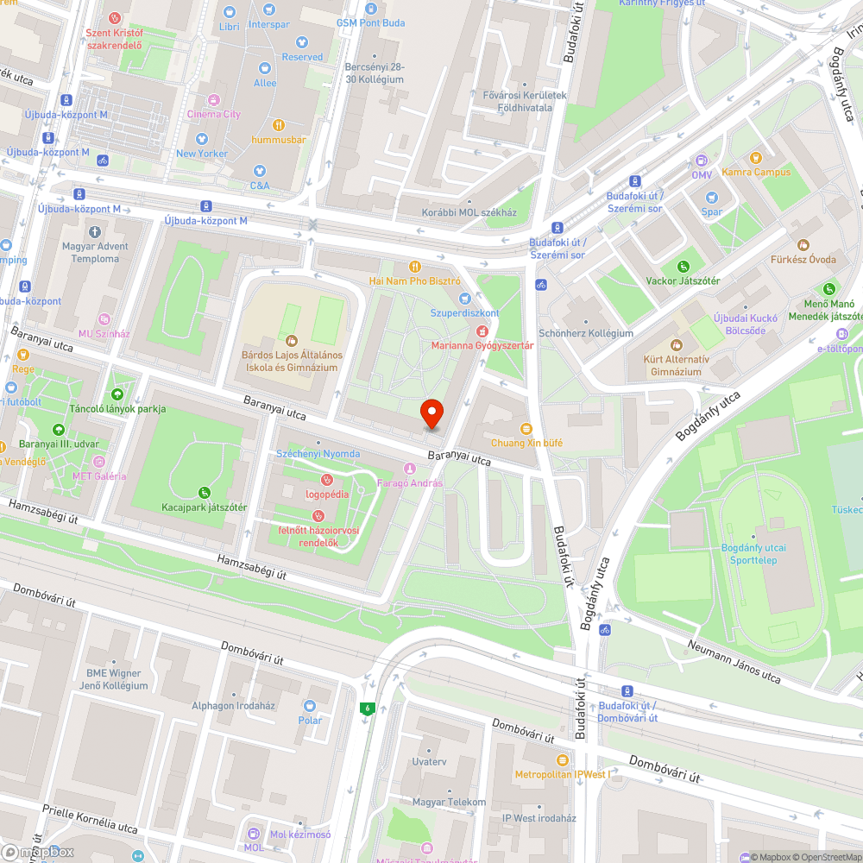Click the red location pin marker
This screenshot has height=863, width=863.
(x=431, y=414)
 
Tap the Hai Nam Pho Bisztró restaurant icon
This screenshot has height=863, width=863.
(x=415, y=267)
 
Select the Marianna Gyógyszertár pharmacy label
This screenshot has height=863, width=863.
(x=483, y=346)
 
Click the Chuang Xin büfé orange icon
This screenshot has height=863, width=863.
(x=526, y=429)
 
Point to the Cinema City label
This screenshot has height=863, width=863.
(x=214, y=114)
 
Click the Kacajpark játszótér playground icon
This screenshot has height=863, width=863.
(x=205, y=493)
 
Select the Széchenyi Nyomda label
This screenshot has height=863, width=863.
(x=318, y=454)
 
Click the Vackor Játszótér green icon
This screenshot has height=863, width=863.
(x=683, y=267)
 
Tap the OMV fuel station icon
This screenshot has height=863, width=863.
(x=701, y=161)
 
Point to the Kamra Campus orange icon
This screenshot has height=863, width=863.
(x=756, y=158)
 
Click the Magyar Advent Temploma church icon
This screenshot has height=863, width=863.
(x=95, y=232)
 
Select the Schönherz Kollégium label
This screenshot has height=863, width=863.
(x=585, y=333)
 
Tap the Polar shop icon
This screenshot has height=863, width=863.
(x=310, y=706)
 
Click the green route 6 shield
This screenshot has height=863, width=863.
(x=367, y=709)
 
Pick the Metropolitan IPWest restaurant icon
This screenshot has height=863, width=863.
(x=563, y=760)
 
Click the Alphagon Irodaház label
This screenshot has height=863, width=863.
(x=233, y=706)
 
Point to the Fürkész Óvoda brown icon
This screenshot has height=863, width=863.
(x=803, y=245)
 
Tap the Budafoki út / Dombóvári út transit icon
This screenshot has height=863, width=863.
(x=627, y=690)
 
